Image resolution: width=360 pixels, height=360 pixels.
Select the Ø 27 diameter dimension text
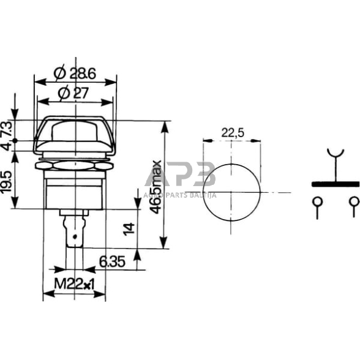pyautogui.click(x=75, y=94)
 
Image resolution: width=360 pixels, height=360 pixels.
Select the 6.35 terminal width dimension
pyautogui.click(x=111, y=262)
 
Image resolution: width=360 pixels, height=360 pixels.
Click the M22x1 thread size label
pyautogui.click(x=75, y=285)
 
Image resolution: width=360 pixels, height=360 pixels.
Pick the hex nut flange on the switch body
pyautogui.click(x=75, y=165)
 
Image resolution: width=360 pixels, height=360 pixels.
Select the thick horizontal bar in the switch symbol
pyautogui.click(x=335, y=183)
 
